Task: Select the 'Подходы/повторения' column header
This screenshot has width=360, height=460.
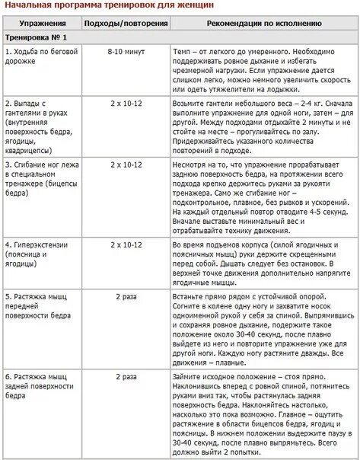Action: coord(126,24)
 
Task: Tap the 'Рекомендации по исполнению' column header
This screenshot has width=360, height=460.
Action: coord(263,24)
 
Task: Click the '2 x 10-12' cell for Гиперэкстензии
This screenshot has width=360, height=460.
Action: coord(126,244)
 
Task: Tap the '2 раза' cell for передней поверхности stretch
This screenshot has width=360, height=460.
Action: coord(126,295)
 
